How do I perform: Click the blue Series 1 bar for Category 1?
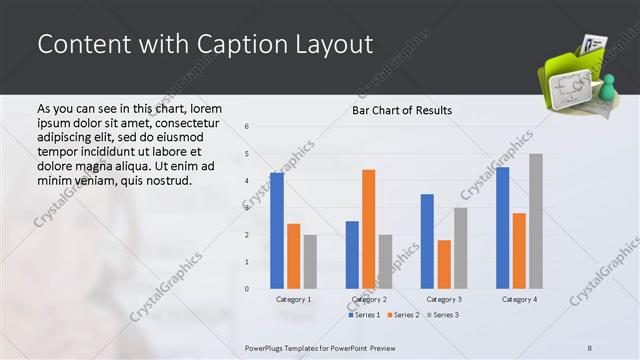(x=276, y=231)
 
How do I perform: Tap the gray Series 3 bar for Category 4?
(x=536, y=221)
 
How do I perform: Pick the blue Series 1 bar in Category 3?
(x=427, y=241)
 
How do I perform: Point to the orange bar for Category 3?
(x=444, y=264)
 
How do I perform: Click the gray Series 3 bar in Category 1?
(x=310, y=261)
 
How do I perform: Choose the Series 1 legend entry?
(x=364, y=315)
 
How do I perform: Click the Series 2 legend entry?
(x=402, y=315)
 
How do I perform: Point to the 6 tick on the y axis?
(x=247, y=126)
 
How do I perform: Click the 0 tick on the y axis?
(x=247, y=289)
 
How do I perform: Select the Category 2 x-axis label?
(x=369, y=299)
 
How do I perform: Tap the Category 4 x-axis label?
(x=519, y=299)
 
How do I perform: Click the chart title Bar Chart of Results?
(x=402, y=110)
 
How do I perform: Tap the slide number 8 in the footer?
(x=590, y=347)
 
